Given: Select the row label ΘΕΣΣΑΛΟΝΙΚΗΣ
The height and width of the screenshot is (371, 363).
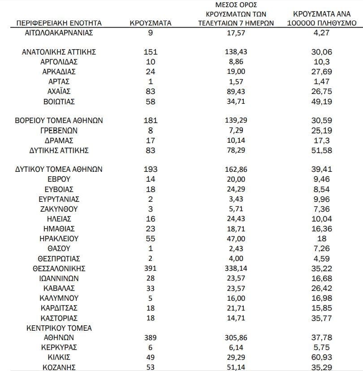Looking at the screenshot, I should (x=59, y=269).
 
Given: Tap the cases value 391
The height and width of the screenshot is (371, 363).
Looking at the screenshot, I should (x=151, y=269).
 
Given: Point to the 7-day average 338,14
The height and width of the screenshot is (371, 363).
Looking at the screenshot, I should (x=236, y=269).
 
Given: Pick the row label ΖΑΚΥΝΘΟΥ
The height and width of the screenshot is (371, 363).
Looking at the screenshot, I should (x=59, y=209).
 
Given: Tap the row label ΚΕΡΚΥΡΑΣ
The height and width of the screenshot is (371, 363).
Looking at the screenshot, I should (x=59, y=347).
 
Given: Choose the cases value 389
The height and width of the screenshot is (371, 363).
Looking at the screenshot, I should (x=151, y=337).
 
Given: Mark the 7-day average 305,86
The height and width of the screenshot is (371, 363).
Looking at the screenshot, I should (x=236, y=337).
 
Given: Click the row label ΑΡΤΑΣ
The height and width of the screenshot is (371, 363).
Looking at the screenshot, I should (x=59, y=81).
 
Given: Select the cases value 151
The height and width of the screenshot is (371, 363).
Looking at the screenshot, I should (x=151, y=52).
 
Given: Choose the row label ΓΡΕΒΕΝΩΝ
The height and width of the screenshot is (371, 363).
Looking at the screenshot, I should (x=59, y=131).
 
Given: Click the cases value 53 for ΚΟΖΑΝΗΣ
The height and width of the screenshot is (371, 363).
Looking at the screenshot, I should (x=151, y=367).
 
